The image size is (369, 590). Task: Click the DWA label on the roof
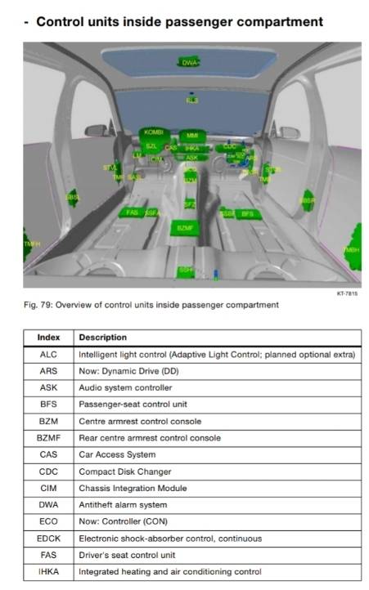(189, 62)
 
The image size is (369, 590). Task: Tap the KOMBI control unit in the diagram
(154, 132)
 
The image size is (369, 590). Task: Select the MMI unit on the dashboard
(192, 135)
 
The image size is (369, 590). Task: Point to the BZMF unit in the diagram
(184, 228)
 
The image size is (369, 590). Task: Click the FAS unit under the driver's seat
(132, 212)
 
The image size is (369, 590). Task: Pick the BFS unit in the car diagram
(247, 214)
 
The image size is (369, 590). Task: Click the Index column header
(48, 337)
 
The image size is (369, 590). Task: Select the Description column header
(103, 337)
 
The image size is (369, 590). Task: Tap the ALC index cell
(48, 355)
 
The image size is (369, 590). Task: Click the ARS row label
(48, 371)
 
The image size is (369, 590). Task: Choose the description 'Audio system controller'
(125, 387)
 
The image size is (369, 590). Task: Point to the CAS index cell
(48, 454)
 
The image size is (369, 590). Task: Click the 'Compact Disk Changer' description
(124, 472)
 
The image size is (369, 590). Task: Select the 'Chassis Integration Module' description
(133, 488)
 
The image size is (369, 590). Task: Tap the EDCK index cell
(48, 538)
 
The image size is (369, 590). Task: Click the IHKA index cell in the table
(48, 571)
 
